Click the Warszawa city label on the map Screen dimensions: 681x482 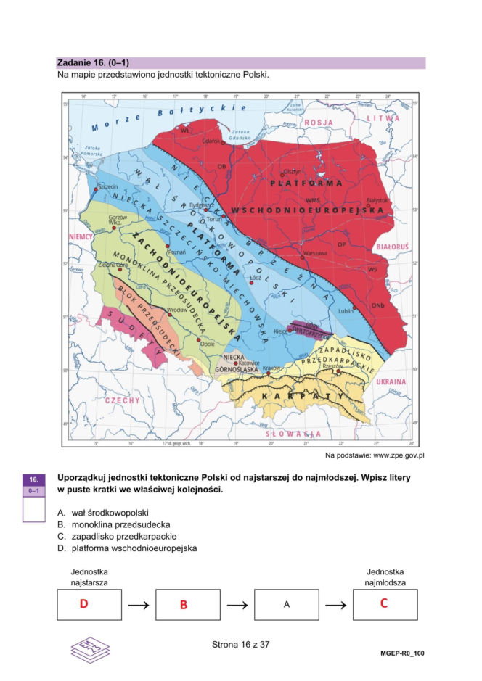click(x=314, y=253)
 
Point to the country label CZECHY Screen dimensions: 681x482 click(x=120, y=400)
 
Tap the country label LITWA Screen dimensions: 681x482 click(x=383, y=117)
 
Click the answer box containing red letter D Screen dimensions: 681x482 click(x=89, y=604)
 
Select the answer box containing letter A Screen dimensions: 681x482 click(x=286, y=604)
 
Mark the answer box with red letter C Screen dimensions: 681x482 click(x=385, y=604)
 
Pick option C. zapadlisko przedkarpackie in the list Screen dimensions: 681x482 click(x=114, y=536)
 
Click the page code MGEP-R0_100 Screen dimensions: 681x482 click(x=401, y=653)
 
